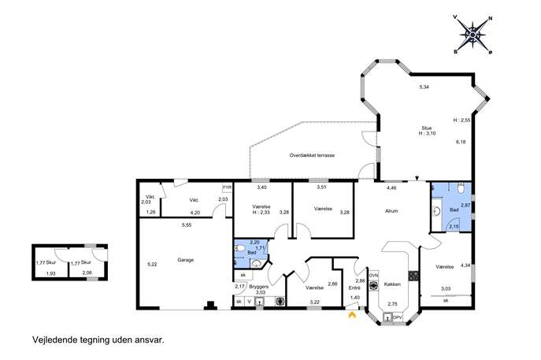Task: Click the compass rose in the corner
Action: (x=473, y=35)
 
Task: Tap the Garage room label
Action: (x=186, y=260)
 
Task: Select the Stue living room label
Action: (x=427, y=128)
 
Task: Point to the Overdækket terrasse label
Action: (x=312, y=155)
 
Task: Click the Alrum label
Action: (x=391, y=211)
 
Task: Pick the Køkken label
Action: (x=392, y=284)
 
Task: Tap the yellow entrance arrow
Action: (x=352, y=314)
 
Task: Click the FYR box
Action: (x=228, y=187)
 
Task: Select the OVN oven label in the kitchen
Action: (x=374, y=276)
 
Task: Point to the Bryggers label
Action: (x=259, y=287)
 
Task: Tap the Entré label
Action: (x=354, y=288)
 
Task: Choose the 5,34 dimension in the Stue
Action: (x=424, y=87)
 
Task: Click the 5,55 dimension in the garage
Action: (x=187, y=225)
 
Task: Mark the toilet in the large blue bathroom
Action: (x=461, y=187)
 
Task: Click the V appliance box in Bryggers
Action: (x=250, y=302)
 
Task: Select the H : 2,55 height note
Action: (x=461, y=121)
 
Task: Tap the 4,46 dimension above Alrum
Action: (x=391, y=188)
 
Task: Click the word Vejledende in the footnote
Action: (x=54, y=340)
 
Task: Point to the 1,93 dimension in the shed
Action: (x=51, y=273)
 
